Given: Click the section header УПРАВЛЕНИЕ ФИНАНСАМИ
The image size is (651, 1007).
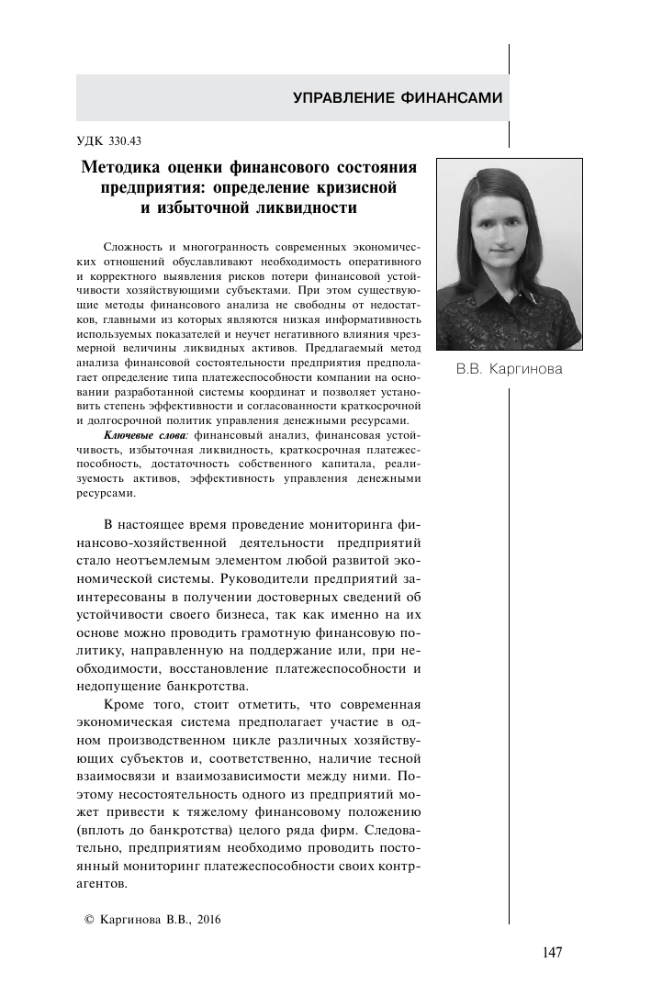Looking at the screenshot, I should coord(398,97).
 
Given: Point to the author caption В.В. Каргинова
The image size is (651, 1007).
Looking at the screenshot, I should coord(510,370).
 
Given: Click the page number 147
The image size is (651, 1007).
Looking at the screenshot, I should coord(551,951).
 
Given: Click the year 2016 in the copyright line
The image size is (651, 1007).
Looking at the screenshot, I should coord(208,918).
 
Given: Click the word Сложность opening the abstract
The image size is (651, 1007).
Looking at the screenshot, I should coord(134,249).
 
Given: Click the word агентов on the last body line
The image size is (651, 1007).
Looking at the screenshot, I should coord(99,878).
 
